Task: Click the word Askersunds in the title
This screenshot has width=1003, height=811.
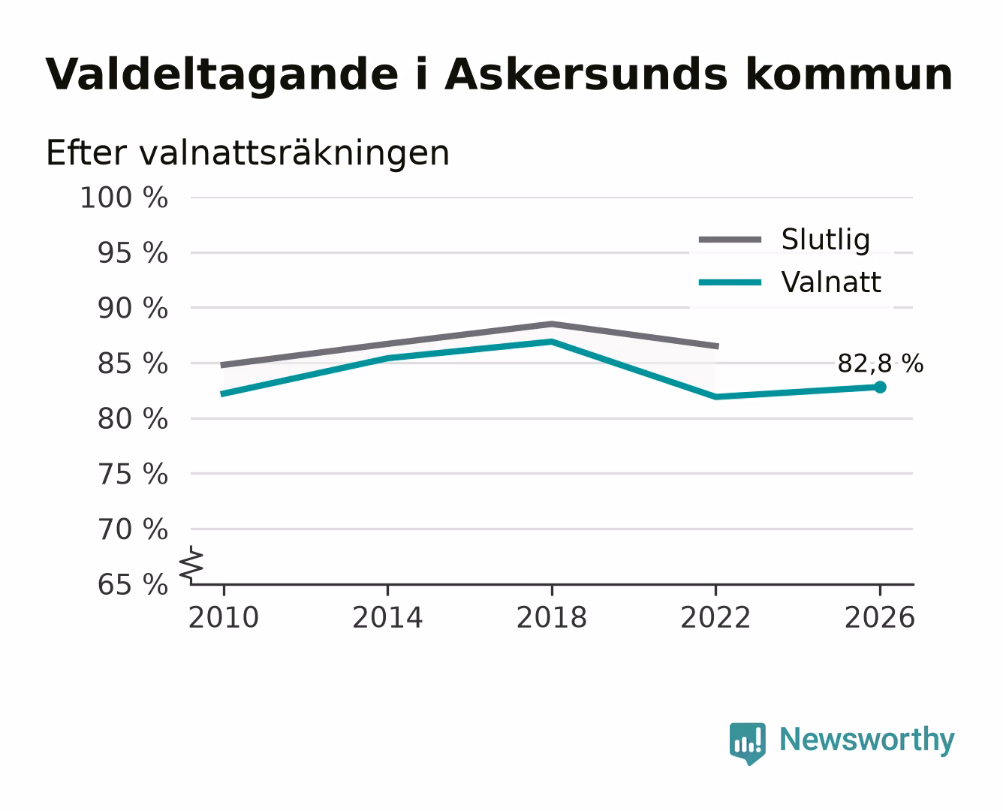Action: click(587, 74)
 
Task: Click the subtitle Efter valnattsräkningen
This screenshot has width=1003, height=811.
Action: click(248, 152)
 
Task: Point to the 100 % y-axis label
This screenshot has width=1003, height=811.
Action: click(124, 197)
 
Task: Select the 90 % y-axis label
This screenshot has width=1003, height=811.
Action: click(132, 309)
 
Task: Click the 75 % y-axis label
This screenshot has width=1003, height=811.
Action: click(132, 474)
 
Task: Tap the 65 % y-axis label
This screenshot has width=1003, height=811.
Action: click(132, 585)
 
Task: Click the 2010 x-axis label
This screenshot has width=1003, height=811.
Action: click(224, 617)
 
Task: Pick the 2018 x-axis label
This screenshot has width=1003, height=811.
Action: click(551, 617)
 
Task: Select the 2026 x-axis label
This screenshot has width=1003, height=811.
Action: click(880, 617)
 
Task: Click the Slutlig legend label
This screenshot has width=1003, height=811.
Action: click(826, 240)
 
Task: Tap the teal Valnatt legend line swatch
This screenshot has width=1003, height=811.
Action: click(730, 282)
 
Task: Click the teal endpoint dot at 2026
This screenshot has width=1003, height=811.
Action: click(880, 387)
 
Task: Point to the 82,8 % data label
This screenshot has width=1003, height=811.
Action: click(880, 364)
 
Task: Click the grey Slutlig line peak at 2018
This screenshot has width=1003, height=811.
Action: click(551, 324)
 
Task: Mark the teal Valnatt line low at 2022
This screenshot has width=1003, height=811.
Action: click(715, 396)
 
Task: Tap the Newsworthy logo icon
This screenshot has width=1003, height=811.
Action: click(747, 743)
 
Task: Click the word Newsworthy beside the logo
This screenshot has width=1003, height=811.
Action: click(867, 740)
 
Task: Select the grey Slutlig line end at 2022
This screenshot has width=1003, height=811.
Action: click(717, 347)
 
